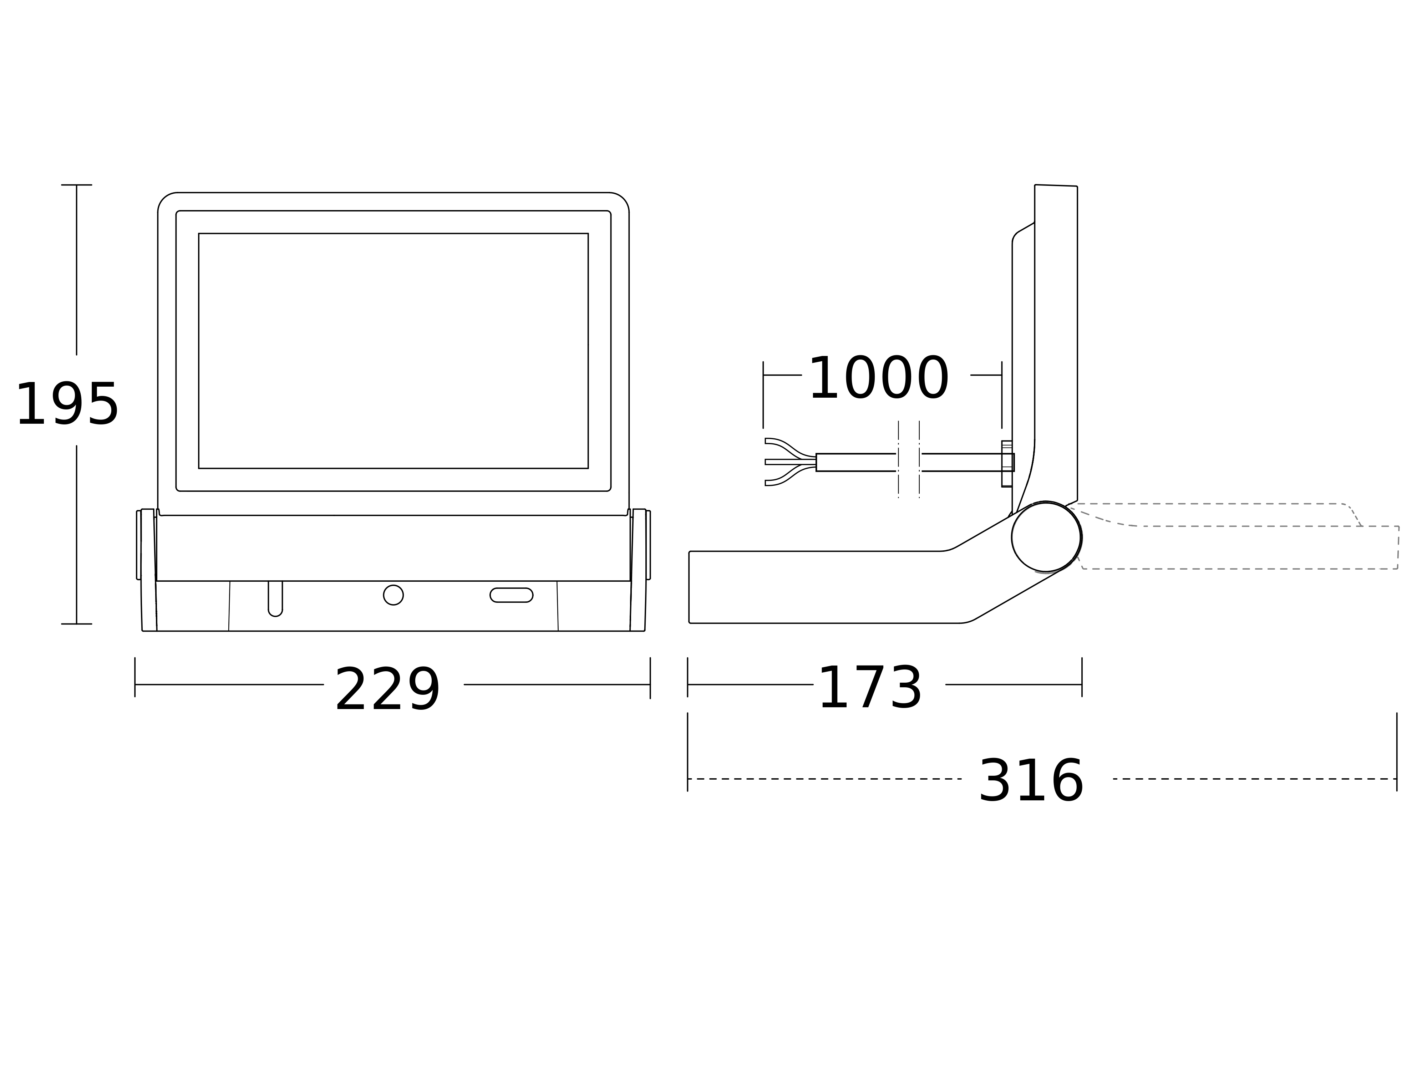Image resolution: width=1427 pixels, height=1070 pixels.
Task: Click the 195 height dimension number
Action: coord(67,405)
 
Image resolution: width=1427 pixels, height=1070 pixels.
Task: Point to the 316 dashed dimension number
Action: coord(1031,782)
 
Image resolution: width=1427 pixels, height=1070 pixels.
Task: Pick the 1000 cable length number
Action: coord(879,379)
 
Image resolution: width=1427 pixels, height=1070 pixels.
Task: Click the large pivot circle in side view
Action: coord(1046,537)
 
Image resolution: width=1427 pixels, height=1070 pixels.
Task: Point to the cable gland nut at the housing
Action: coord(1007,463)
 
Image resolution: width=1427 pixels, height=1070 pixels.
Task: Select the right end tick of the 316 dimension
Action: coord(1397,779)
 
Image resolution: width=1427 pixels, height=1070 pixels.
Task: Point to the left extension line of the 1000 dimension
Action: coord(763,395)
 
